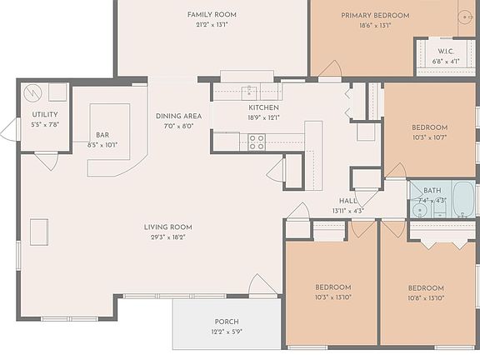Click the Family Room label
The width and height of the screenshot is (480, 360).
212,15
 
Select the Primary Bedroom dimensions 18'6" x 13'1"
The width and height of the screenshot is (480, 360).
374,26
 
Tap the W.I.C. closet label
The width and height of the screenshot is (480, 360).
446,51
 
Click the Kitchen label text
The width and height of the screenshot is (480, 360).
263,107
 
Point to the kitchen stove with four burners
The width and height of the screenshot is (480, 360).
257,142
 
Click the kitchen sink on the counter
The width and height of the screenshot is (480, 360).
249,92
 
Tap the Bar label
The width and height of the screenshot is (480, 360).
102,134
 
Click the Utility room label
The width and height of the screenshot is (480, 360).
45,114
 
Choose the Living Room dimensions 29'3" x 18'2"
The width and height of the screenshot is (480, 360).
168,237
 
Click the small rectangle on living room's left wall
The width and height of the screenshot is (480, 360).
39,232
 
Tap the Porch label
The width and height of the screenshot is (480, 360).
227,322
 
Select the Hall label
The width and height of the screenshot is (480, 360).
348,201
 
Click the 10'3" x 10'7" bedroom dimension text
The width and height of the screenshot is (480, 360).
429,137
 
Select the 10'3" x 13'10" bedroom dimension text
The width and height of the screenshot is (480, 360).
332,297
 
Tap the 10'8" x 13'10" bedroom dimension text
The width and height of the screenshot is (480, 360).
425,297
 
